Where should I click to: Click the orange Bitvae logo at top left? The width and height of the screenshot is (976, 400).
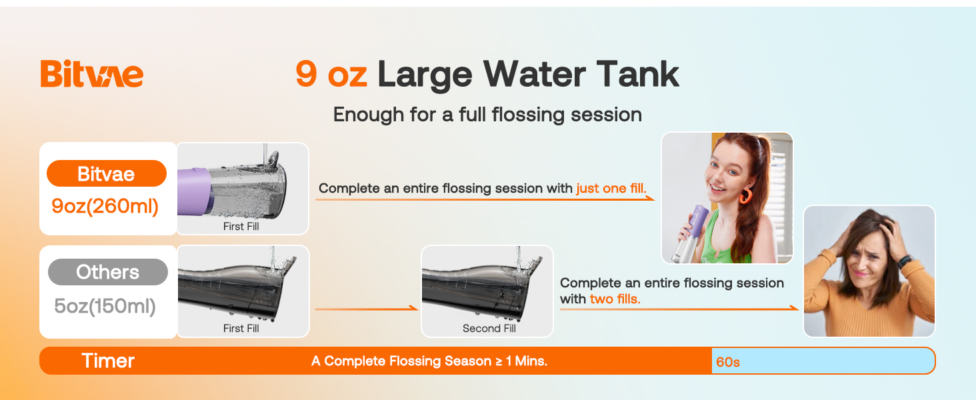91,73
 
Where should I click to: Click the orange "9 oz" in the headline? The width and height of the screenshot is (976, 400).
331,73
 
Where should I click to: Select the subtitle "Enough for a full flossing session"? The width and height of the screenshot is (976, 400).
487,115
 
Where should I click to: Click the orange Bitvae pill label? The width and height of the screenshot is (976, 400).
106,174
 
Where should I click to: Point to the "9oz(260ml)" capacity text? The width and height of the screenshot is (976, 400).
105,206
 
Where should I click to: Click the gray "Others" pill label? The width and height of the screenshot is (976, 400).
107,272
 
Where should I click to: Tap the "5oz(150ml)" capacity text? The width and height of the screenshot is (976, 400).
105,306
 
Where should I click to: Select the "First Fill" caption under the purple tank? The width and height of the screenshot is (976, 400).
241,227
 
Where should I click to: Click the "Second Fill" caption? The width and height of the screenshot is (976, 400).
489,329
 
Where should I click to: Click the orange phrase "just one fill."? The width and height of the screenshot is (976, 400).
611,188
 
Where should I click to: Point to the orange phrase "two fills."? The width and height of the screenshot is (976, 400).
615,299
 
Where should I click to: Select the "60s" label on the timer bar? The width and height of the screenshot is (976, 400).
728,362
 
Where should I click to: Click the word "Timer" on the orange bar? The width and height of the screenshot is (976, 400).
108,361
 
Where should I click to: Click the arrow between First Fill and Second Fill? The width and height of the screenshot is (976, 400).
366,309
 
